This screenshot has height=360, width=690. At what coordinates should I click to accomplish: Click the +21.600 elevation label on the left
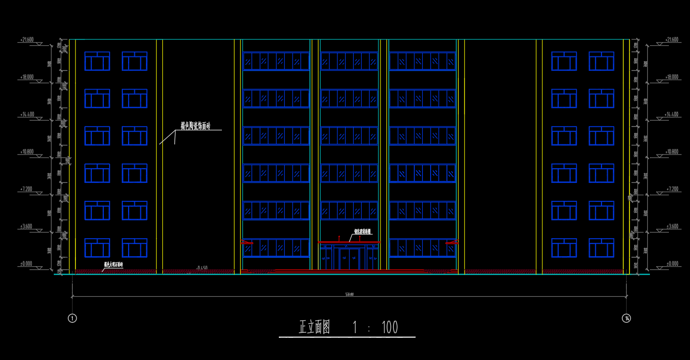tap(26, 40)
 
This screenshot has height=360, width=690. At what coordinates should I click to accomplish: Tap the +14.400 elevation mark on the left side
tap(26, 114)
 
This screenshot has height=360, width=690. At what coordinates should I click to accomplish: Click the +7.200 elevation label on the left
tap(26, 189)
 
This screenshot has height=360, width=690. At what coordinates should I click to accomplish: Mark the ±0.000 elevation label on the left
tap(26, 264)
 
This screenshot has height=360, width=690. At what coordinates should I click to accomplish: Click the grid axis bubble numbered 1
tap(73, 318)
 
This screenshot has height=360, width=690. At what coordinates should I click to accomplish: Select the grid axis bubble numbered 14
tap(626, 318)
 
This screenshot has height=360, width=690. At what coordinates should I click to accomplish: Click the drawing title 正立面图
tap(315, 327)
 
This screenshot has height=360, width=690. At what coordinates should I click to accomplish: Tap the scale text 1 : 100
tap(375, 328)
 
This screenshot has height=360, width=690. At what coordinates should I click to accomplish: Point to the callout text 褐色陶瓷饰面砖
tap(196, 126)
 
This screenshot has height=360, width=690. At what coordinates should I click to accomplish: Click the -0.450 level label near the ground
tap(201, 268)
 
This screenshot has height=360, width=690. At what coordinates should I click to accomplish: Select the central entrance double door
tap(349, 259)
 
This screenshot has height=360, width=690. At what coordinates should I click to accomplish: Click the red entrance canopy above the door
tap(349, 242)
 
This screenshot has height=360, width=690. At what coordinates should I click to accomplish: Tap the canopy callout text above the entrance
tap(363, 231)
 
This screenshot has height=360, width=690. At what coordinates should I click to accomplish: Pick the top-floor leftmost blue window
tap(97, 61)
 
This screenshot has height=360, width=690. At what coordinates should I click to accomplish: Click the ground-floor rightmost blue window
tap(601, 248)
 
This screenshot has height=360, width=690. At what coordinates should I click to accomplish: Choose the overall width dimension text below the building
tap(349, 294)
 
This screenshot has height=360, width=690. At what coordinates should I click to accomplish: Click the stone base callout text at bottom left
tap(113, 265)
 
